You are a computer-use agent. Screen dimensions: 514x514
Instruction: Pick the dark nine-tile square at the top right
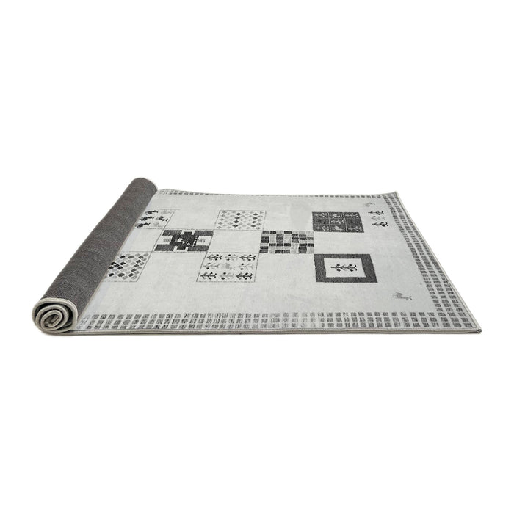point(339,221)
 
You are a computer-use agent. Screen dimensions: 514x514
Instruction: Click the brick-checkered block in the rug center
point(286,242)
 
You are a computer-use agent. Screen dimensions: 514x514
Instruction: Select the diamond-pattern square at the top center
point(240,219)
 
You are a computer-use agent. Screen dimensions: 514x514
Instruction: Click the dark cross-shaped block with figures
point(188,240)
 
